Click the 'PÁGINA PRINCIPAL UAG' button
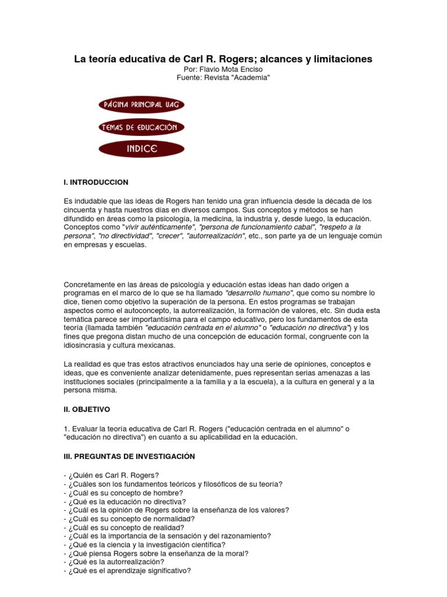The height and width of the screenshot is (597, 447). coord(142,104)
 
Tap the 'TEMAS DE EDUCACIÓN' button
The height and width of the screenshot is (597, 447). coord(142,127)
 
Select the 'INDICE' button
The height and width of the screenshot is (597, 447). coord(142,149)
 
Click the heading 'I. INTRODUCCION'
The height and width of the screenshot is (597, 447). coord(96,182)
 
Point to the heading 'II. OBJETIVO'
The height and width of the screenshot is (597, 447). coord(87,410)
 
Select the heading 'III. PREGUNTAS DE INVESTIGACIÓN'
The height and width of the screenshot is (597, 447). coord(129,456)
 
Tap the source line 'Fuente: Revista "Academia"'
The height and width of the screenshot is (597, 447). coord(223,78)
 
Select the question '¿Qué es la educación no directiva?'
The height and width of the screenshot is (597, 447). coord(125,501)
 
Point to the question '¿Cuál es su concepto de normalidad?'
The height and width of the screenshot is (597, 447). coord(131,518)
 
